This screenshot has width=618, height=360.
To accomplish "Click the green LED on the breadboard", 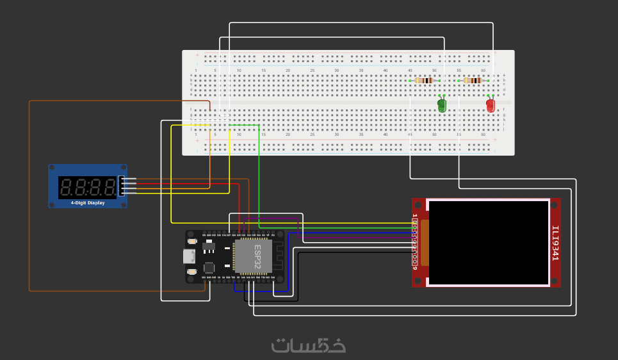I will [x=442, y=105].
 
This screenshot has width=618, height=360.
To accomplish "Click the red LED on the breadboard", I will [x=491, y=105].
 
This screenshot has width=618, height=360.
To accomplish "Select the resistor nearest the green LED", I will [x=424, y=80].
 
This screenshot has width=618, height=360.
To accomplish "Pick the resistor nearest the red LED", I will [x=473, y=80].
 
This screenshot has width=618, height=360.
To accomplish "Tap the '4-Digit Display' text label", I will [x=88, y=203].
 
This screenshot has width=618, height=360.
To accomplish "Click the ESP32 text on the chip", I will [x=257, y=256].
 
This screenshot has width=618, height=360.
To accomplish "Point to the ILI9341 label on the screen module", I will [x=555, y=243].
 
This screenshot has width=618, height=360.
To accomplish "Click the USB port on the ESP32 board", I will [x=189, y=256].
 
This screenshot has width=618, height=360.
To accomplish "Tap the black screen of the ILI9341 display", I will [x=488, y=243].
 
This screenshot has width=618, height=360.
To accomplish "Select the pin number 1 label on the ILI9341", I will [x=415, y=217].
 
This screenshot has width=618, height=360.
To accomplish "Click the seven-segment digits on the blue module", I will [x=87, y=187].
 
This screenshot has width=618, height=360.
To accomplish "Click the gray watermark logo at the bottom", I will [x=309, y=345].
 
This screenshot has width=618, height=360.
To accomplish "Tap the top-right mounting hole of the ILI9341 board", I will [x=555, y=204].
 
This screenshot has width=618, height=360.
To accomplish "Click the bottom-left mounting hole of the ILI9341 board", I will [x=418, y=282].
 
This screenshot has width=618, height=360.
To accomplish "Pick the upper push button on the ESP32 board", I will [x=192, y=241].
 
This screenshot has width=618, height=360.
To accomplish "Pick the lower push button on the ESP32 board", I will [x=192, y=272].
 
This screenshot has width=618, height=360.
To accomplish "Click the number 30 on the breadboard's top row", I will [x=337, y=70].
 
